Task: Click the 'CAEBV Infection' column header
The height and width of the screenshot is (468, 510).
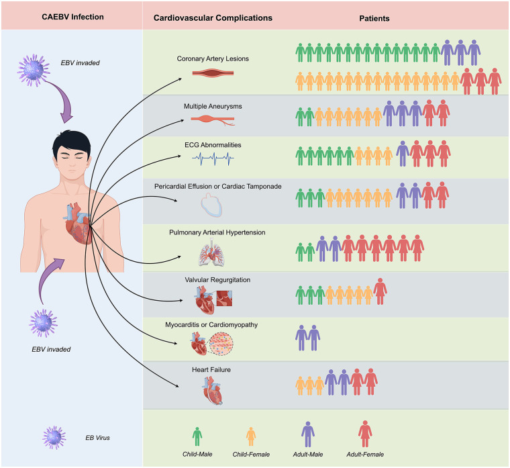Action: click(72, 17)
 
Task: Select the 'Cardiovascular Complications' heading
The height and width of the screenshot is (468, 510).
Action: click(213, 18)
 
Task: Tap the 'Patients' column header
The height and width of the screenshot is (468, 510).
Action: click(374, 19)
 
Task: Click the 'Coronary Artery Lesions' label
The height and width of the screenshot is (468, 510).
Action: click(213, 58)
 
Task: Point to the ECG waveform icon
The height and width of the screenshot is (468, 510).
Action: click(213, 159)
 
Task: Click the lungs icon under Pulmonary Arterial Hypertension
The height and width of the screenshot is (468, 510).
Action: click(212, 252)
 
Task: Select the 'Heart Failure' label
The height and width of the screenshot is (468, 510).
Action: click(211, 370)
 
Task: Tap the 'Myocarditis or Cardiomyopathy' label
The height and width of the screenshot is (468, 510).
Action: click(211, 325)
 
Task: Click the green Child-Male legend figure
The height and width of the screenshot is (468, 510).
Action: click(197, 436)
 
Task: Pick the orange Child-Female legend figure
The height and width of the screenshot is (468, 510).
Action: click(251, 436)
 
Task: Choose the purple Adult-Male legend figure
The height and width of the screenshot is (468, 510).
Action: click(308, 434)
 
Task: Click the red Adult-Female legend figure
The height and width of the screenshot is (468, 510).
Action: click(365, 434)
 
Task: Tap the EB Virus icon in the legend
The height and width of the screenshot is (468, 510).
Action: click(54, 438)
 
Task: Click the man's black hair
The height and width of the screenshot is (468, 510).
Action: click(72, 143)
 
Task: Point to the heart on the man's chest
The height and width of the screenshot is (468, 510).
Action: click(78, 224)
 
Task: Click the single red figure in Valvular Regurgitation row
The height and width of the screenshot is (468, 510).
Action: click(380, 291)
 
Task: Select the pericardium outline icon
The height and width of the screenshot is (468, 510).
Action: click(211, 205)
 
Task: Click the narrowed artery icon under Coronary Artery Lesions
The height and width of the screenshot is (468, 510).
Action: click(213, 73)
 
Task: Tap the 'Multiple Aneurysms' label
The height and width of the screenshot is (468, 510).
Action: click(213, 106)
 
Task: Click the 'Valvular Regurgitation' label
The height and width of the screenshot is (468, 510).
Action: click(217, 280)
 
